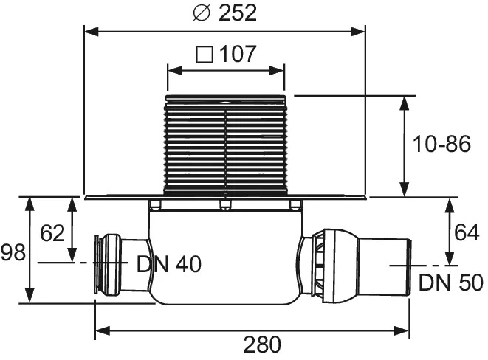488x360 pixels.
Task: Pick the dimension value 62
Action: pos(52,234)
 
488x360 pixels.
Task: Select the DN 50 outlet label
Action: pos(450,283)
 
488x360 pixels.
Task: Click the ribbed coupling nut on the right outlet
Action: pos(325,264)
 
